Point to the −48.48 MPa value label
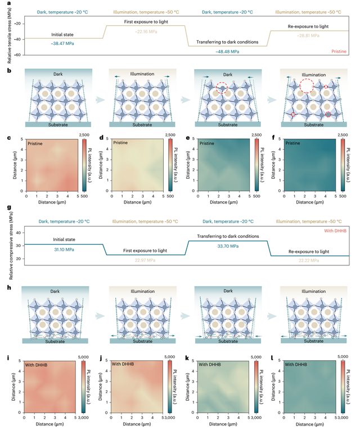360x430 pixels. point(227,51)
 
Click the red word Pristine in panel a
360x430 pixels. point(339,51)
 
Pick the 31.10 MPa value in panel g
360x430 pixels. point(61,249)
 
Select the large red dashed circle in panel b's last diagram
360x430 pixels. point(307,86)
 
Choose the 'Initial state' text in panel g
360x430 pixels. point(61,239)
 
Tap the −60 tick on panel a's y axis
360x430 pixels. point(17,55)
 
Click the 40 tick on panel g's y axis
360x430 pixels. point(18,232)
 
